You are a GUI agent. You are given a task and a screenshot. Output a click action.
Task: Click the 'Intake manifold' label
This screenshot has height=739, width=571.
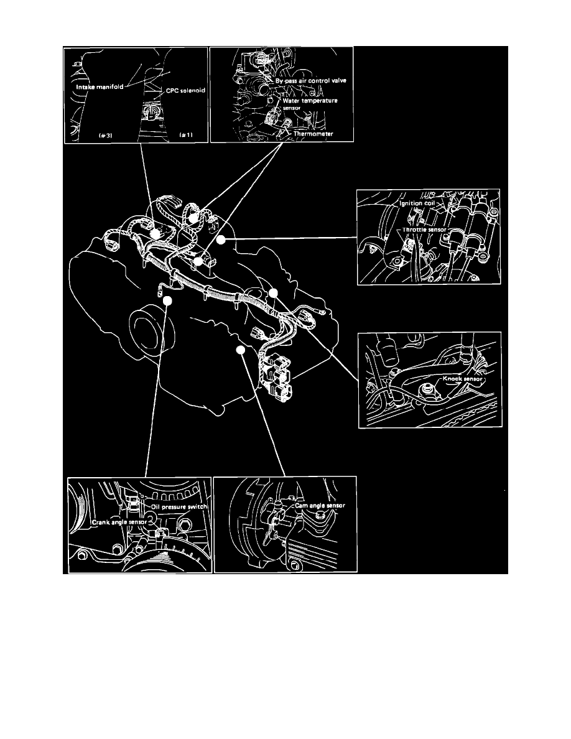click(x=100, y=86)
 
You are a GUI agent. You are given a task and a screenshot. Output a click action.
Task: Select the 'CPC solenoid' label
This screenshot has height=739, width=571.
click(x=185, y=90)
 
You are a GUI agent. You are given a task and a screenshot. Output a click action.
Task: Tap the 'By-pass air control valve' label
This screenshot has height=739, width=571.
click(x=311, y=81)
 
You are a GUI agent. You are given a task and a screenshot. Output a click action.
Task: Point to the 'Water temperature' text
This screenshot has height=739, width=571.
click(x=310, y=100)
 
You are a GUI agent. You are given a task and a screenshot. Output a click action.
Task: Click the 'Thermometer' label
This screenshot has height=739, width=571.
click(x=313, y=134)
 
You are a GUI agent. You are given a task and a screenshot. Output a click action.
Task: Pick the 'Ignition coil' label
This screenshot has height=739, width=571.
click(x=417, y=203)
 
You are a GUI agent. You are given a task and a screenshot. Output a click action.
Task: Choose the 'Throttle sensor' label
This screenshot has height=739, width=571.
click(x=424, y=230)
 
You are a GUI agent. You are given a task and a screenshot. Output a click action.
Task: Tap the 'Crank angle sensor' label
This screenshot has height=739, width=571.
click(x=119, y=522)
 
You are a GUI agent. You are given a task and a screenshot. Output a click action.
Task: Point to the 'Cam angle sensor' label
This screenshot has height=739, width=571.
click(x=320, y=506)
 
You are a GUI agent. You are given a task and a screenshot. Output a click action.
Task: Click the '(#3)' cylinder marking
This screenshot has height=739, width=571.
click(x=105, y=135)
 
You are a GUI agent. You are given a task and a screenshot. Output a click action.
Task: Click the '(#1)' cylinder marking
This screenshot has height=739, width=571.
click(x=186, y=135)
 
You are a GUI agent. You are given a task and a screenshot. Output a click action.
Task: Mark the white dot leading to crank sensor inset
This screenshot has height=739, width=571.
click(x=167, y=300)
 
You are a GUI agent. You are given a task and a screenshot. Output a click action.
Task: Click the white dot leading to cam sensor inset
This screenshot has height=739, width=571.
click(x=241, y=350)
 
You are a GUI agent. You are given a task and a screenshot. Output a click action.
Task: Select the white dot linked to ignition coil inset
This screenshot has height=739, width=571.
click(x=221, y=239)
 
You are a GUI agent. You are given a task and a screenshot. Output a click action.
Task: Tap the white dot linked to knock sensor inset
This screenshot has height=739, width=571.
click(x=273, y=293)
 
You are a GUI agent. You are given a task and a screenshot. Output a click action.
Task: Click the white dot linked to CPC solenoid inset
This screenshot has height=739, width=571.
click(x=154, y=234)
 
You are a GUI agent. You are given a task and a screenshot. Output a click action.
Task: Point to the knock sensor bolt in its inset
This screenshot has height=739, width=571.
click(x=428, y=390)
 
